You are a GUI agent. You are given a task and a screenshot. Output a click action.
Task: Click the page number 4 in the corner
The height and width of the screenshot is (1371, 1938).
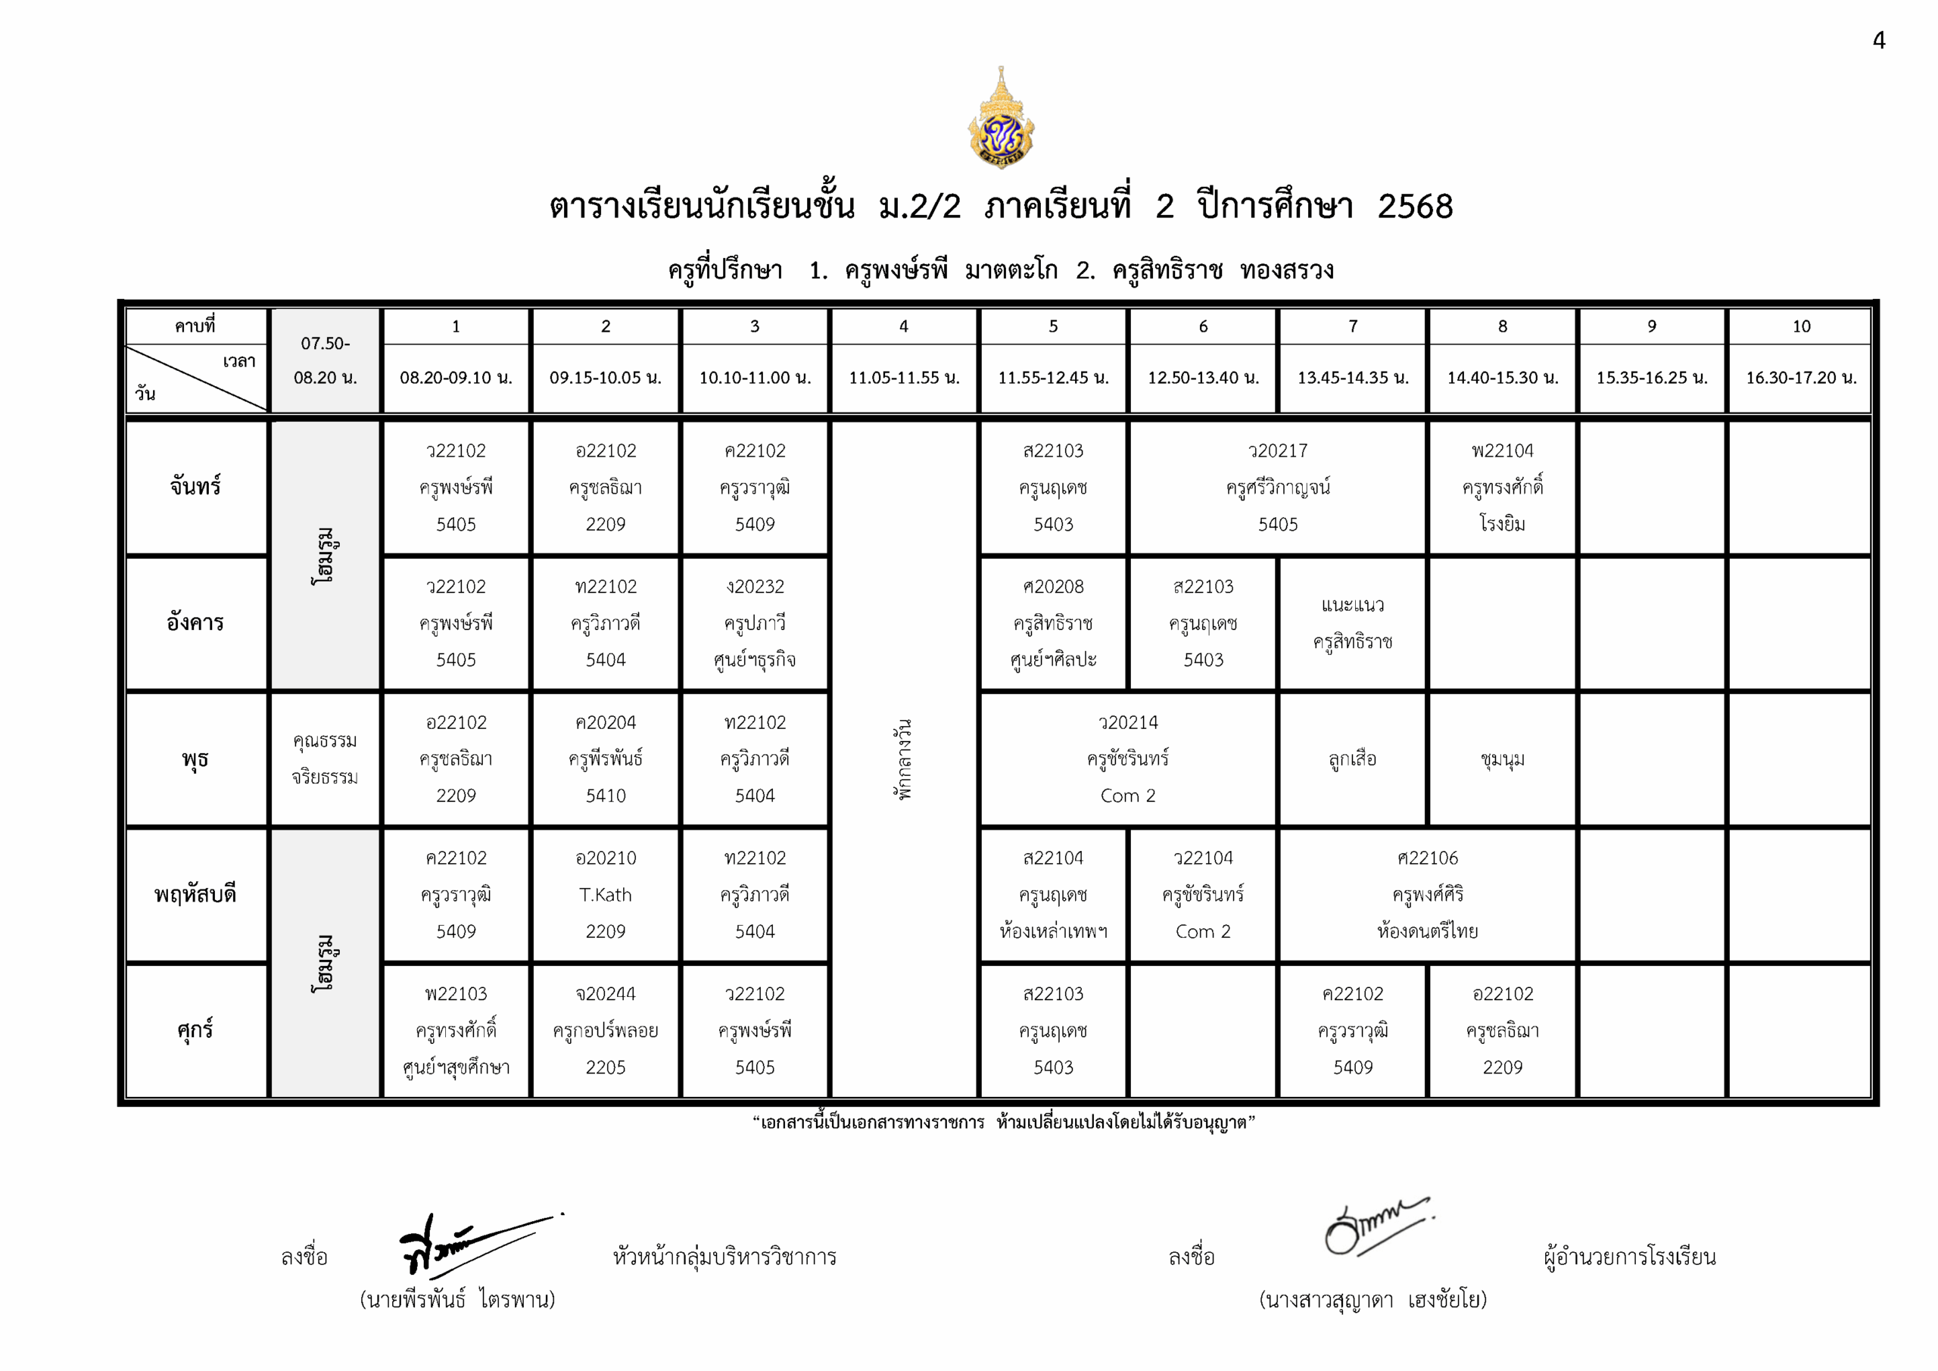pos(1878,41)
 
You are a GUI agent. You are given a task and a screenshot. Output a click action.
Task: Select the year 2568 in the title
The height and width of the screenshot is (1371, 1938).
pos(1415,207)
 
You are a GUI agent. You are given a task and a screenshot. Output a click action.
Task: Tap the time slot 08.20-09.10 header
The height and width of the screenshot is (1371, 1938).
pos(456,377)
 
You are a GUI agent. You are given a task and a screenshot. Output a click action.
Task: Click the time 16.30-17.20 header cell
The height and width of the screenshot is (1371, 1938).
pos(1800,377)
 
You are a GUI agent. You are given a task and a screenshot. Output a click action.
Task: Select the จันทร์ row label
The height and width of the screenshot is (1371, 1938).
pos(195,487)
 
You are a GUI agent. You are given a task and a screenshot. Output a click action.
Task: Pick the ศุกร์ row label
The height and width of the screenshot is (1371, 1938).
pos(195,1030)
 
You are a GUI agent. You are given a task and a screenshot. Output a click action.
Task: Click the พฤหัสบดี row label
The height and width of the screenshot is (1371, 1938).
pos(195,895)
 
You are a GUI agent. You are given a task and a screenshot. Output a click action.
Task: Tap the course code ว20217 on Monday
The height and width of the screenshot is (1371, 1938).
pos(1277,450)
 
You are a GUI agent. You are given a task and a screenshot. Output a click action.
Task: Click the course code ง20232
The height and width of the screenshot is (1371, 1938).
pos(755,587)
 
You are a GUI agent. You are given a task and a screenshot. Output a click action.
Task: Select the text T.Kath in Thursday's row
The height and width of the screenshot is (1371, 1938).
pos(605,895)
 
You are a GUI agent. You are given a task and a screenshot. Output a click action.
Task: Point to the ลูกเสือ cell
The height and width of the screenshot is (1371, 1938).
pos(1352,759)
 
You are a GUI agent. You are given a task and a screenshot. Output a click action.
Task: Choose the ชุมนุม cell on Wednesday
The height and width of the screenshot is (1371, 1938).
pos(1502,759)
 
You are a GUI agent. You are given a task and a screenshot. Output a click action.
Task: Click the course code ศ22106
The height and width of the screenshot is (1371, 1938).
pos(1426,858)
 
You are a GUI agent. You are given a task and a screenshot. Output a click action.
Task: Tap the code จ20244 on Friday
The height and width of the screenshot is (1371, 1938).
pos(605,995)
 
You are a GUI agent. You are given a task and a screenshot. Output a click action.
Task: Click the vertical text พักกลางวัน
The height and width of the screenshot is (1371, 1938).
pos(903,759)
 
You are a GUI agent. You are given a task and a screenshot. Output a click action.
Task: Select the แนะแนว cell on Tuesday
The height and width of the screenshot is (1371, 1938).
pos(1352,606)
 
